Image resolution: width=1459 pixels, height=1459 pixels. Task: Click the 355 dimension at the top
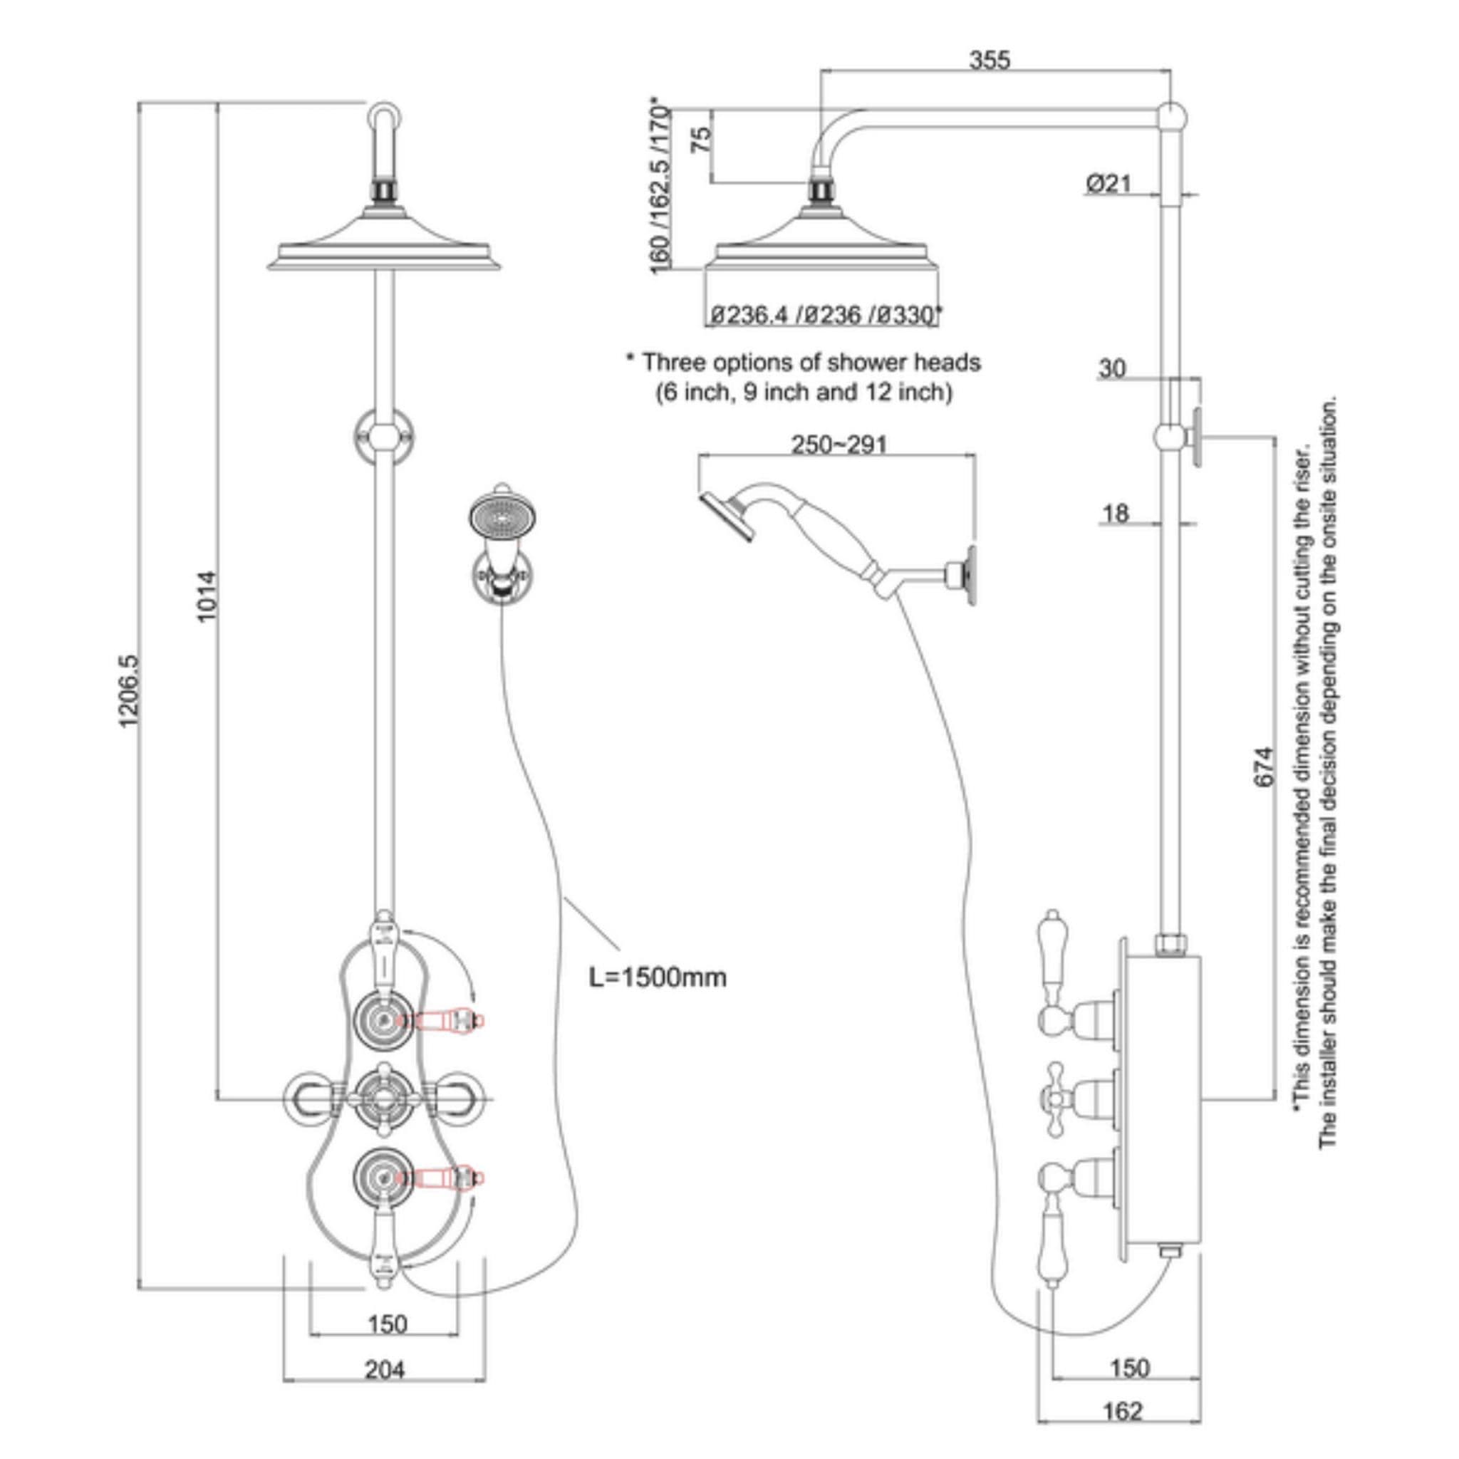tap(990, 60)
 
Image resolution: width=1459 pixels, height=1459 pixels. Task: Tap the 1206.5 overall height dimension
tap(129, 691)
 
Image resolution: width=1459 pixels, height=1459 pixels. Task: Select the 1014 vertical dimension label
tap(207, 596)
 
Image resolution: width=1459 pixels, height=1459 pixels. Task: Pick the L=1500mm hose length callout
tap(658, 977)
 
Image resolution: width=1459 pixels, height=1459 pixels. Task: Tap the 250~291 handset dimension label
tap(839, 445)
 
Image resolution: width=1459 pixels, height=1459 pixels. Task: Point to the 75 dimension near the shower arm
tap(702, 140)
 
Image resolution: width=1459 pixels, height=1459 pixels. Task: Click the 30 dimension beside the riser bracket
tap(1111, 368)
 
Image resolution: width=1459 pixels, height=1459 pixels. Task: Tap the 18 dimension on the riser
tap(1116, 514)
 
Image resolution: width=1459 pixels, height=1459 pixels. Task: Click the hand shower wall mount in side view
tap(965, 575)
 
